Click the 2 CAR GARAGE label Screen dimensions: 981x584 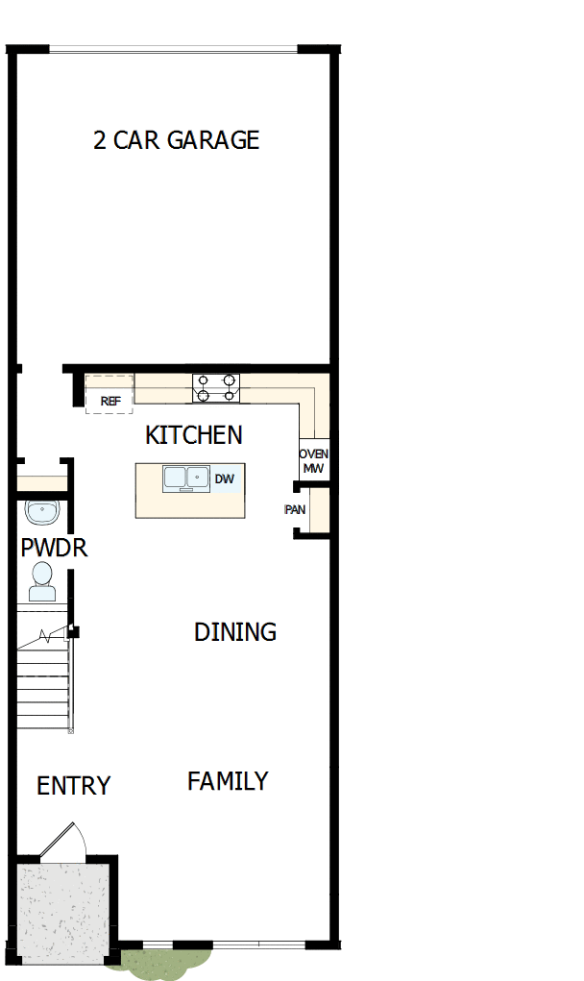[176, 140]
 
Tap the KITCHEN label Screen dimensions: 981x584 [193, 435]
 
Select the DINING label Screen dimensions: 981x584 [235, 632]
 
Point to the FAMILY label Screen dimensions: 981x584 [228, 781]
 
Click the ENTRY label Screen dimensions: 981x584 [73, 786]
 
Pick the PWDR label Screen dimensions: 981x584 [54, 549]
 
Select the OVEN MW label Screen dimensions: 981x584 [313, 461]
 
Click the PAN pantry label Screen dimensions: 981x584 [296, 509]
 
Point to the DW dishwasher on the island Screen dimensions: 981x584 [224, 478]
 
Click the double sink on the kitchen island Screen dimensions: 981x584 [186, 478]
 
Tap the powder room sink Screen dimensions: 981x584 [42, 512]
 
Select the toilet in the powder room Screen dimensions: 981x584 [41, 580]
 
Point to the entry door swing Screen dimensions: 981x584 [65, 838]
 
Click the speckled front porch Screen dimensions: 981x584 [63, 909]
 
